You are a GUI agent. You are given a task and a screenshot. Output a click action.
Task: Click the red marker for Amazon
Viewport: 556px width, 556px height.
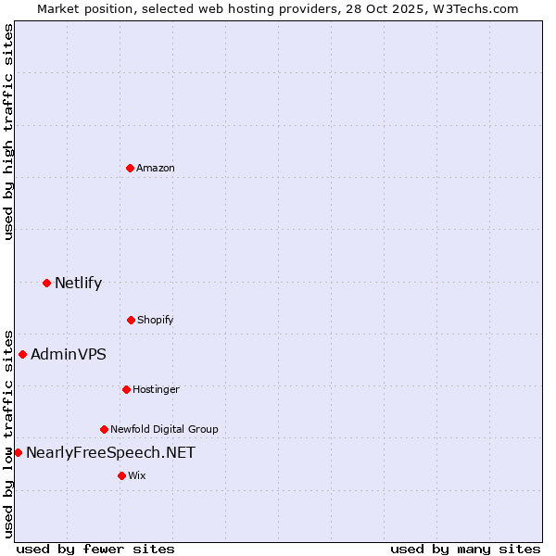pos(130,168)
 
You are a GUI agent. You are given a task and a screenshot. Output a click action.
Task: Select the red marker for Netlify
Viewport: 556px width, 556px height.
pos(46,283)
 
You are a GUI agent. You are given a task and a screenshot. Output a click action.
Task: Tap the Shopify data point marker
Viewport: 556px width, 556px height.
pos(131,320)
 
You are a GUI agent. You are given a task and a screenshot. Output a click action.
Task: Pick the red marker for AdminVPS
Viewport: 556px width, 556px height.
pos(22,354)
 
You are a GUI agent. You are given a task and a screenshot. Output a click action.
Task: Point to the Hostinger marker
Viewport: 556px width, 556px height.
pos(126,389)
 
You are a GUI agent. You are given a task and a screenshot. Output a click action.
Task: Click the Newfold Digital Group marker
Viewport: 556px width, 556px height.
pos(104,429)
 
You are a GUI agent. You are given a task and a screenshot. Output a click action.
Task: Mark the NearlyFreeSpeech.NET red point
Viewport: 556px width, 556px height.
pos(18,452)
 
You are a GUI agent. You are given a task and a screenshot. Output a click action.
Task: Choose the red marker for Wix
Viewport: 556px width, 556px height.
pos(121,475)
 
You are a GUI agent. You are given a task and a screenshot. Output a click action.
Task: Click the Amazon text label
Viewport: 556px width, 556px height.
pos(156,168)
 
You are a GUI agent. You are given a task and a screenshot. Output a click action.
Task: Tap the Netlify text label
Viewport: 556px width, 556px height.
pos(79,283)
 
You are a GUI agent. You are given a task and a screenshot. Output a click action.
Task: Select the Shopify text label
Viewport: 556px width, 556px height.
pos(156,320)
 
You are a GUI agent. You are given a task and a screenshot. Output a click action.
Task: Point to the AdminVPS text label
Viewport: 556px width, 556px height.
pos(69,354)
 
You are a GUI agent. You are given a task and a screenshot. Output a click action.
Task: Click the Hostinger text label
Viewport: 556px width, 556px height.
pos(156,389)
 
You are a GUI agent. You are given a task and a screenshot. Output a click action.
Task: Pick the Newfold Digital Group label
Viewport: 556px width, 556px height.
pos(165,429)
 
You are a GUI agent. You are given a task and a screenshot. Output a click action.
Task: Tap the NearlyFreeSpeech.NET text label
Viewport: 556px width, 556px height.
pos(111,452)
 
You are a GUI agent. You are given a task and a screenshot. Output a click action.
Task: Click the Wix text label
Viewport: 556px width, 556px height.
pos(137,475)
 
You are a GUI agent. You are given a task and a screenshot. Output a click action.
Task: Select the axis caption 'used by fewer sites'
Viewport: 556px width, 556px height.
pos(95,549)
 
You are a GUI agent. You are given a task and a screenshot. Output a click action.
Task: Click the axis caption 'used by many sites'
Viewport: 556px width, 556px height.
pos(465,549)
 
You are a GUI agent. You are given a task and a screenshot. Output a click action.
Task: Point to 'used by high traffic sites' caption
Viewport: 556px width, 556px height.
pos(8,132)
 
